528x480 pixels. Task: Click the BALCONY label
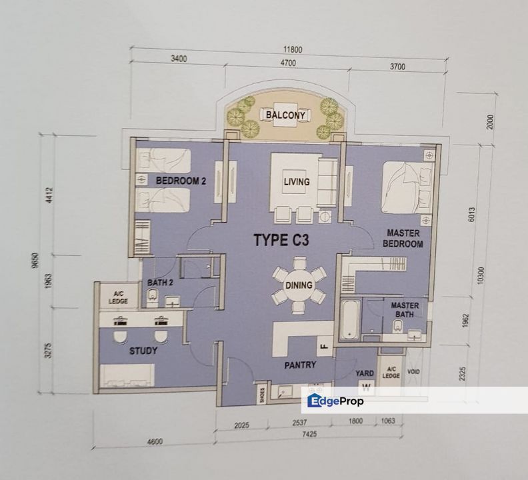pos(285,115)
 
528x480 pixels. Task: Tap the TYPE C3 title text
pos(281,240)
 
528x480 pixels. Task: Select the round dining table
pos(299,285)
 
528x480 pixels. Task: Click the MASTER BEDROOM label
pos(403,238)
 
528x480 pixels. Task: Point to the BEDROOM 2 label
pos(181,181)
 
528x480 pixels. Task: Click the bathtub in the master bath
pos(350,319)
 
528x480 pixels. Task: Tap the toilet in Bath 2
pos(153,298)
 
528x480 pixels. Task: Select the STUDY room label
pos(143,351)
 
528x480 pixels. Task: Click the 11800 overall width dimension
pos(293,50)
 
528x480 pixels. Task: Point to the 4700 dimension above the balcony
pos(288,63)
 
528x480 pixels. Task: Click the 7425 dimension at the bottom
pos(309,434)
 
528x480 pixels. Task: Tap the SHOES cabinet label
pos(262,395)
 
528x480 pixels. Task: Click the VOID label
pos(413,372)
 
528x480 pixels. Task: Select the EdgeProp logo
pos(335,401)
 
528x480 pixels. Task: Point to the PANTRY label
pos(300,365)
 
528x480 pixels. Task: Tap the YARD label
pos(365,373)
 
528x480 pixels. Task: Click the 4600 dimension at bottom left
pos(155,441)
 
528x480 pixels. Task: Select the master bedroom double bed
pos(407,187)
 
